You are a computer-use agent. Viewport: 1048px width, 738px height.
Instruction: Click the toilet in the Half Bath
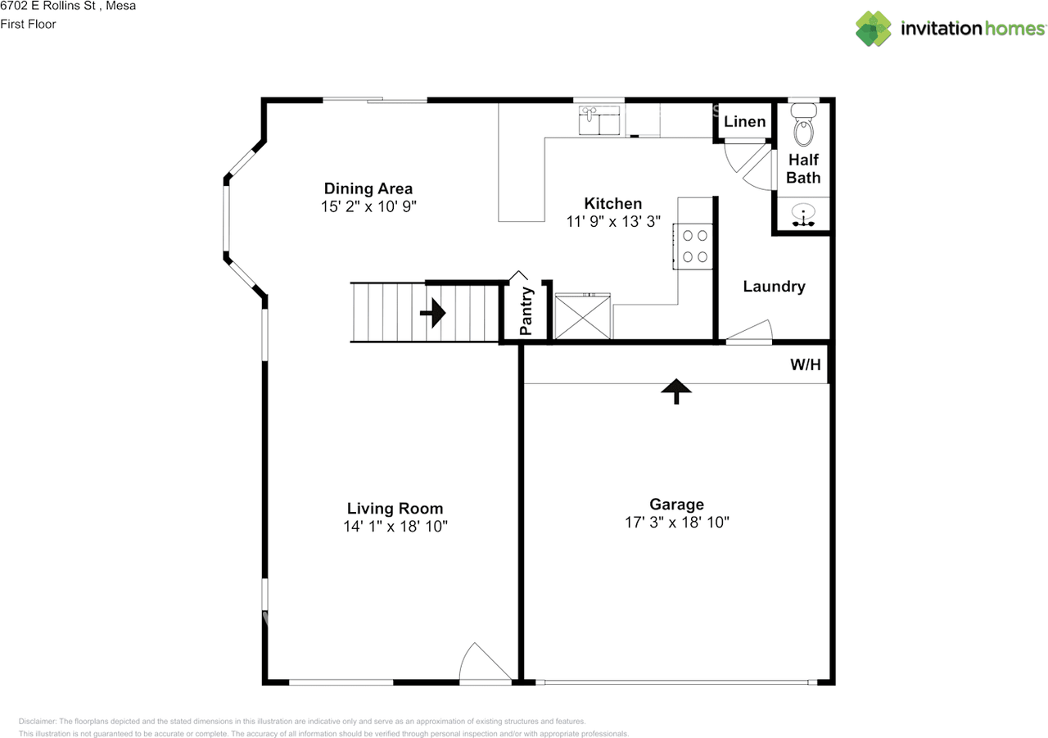(804, 125)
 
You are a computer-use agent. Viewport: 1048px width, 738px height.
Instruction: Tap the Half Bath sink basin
(803, 215)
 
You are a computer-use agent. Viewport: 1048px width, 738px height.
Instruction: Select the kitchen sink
(599, 120)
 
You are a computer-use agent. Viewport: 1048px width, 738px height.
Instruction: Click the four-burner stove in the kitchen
(693, 247)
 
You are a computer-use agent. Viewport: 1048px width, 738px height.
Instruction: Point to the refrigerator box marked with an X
(582, 316)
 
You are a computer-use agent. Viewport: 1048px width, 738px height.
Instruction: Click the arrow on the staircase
(433, 313)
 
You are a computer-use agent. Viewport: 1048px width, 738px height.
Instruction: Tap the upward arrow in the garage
(676, 392)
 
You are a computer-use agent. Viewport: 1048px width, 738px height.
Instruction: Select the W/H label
(805, 364)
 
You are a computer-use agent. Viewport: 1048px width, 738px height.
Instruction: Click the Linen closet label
(745, 122)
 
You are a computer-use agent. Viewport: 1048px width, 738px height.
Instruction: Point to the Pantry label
(526, 311)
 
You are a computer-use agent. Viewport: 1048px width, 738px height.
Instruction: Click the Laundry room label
(775, 287)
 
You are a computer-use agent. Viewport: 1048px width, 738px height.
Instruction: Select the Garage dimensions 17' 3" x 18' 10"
(677, 523)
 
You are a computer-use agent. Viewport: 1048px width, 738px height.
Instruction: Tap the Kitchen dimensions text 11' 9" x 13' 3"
(613, 221)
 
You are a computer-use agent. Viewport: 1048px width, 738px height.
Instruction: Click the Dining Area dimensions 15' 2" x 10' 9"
(368, 206)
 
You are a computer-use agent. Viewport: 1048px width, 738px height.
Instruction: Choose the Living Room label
(395, 508)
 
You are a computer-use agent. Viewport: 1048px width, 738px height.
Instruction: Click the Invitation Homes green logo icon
(874, 29)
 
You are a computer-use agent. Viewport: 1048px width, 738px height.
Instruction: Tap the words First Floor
(28, 25)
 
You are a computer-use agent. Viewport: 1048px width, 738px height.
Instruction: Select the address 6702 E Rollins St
(47, 6)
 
